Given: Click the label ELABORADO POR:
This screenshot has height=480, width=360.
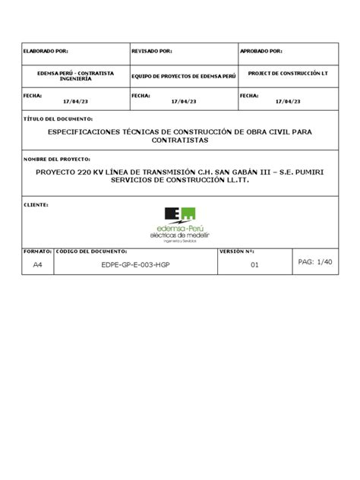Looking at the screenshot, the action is tap(47, 52).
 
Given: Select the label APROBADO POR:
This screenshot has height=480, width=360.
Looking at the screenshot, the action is tap(261, 52).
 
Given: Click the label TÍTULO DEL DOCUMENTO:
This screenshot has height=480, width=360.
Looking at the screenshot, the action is tap(59, 120).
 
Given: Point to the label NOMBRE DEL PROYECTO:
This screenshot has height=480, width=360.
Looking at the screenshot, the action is tap(58, 159).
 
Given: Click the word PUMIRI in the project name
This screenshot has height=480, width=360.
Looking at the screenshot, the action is tap(306, 172).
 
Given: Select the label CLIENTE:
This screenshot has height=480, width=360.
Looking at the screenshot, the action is tap(37, 204).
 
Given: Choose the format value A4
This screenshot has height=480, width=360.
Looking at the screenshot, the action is tap(38, 266).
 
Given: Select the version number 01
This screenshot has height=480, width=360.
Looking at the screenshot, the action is tap(255, 266).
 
